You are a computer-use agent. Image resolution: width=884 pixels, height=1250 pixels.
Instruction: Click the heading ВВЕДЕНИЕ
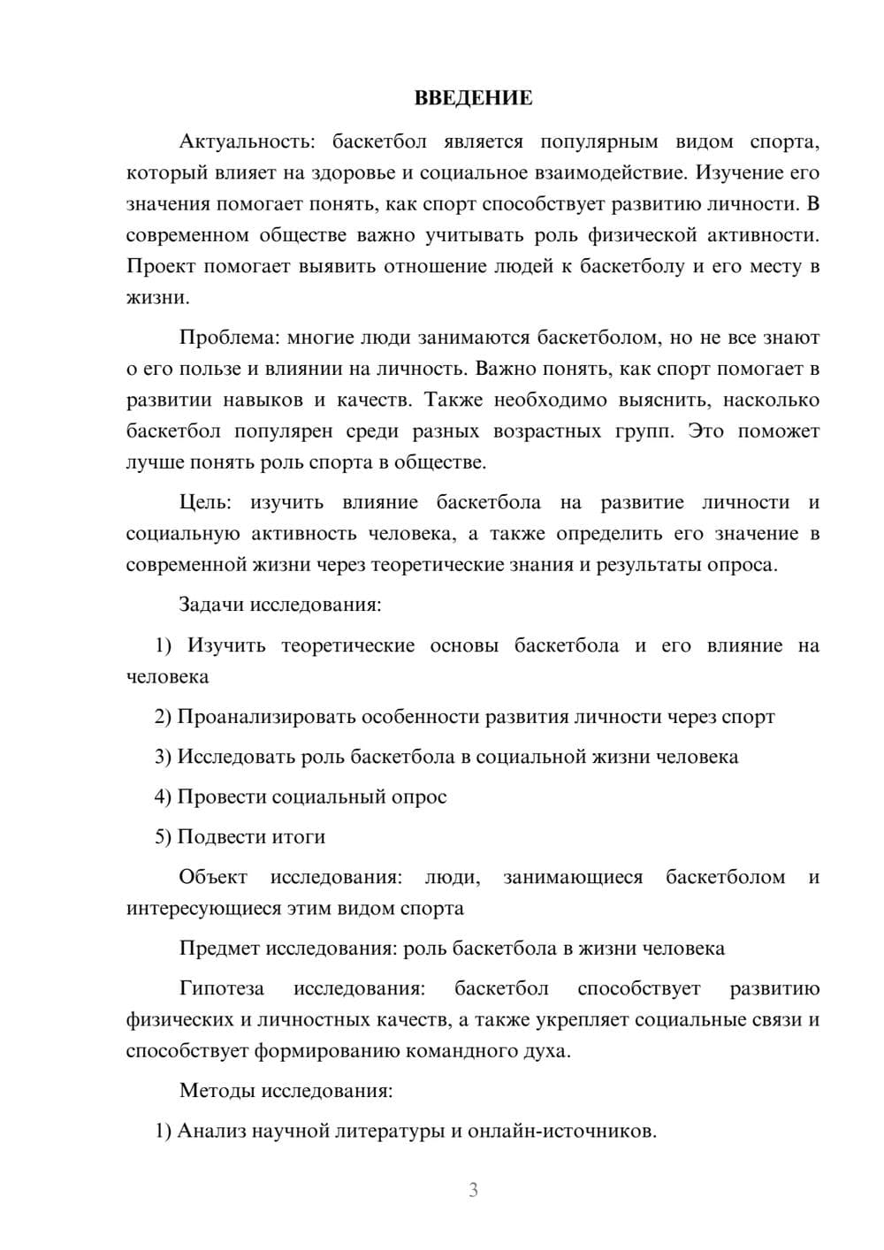point(473,98)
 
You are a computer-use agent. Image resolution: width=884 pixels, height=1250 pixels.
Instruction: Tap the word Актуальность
point(240,141)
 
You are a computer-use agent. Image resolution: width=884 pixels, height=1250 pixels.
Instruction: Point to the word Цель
point(205,502)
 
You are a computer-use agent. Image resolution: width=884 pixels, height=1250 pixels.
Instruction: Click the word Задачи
point(211,606)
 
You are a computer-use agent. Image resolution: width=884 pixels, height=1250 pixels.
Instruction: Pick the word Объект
point(213,877)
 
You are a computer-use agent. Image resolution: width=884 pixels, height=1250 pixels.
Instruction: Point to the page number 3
point(473,1190)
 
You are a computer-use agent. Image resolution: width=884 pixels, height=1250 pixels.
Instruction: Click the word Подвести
point(214,836)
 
